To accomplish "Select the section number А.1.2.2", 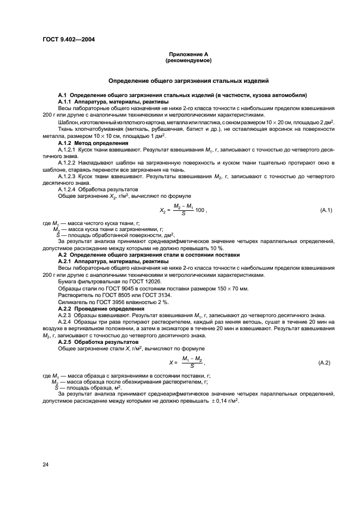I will [x=67, y=162].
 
